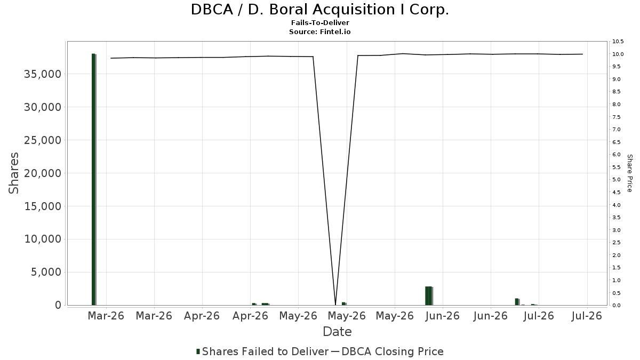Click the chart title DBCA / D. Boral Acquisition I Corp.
(319, 10)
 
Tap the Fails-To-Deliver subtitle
(320, 22)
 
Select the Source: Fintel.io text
(319, 31)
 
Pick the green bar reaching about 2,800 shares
(429, 295)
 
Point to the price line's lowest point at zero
(335, 305)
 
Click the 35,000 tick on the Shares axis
(43, 74)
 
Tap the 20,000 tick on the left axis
(43, 173)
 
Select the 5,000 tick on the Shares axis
(46, 273)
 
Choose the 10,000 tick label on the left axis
(43, 239)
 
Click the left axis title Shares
(14, 173)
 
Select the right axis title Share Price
(629, 173)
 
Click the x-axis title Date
(337, 332)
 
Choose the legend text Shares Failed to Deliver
(266, 351)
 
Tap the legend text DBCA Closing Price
(393, 351)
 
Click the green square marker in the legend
(198, 351)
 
